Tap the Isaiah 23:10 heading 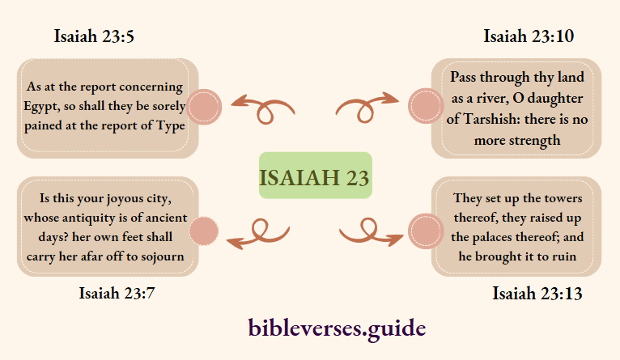pyautogui.click(x=529, y=36)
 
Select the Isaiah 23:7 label pyautogui.click(x=117, y=293)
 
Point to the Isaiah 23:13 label pyautogui.click(x=537, y=293)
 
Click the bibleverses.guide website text pyautogui.click(x=336, y=328)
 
